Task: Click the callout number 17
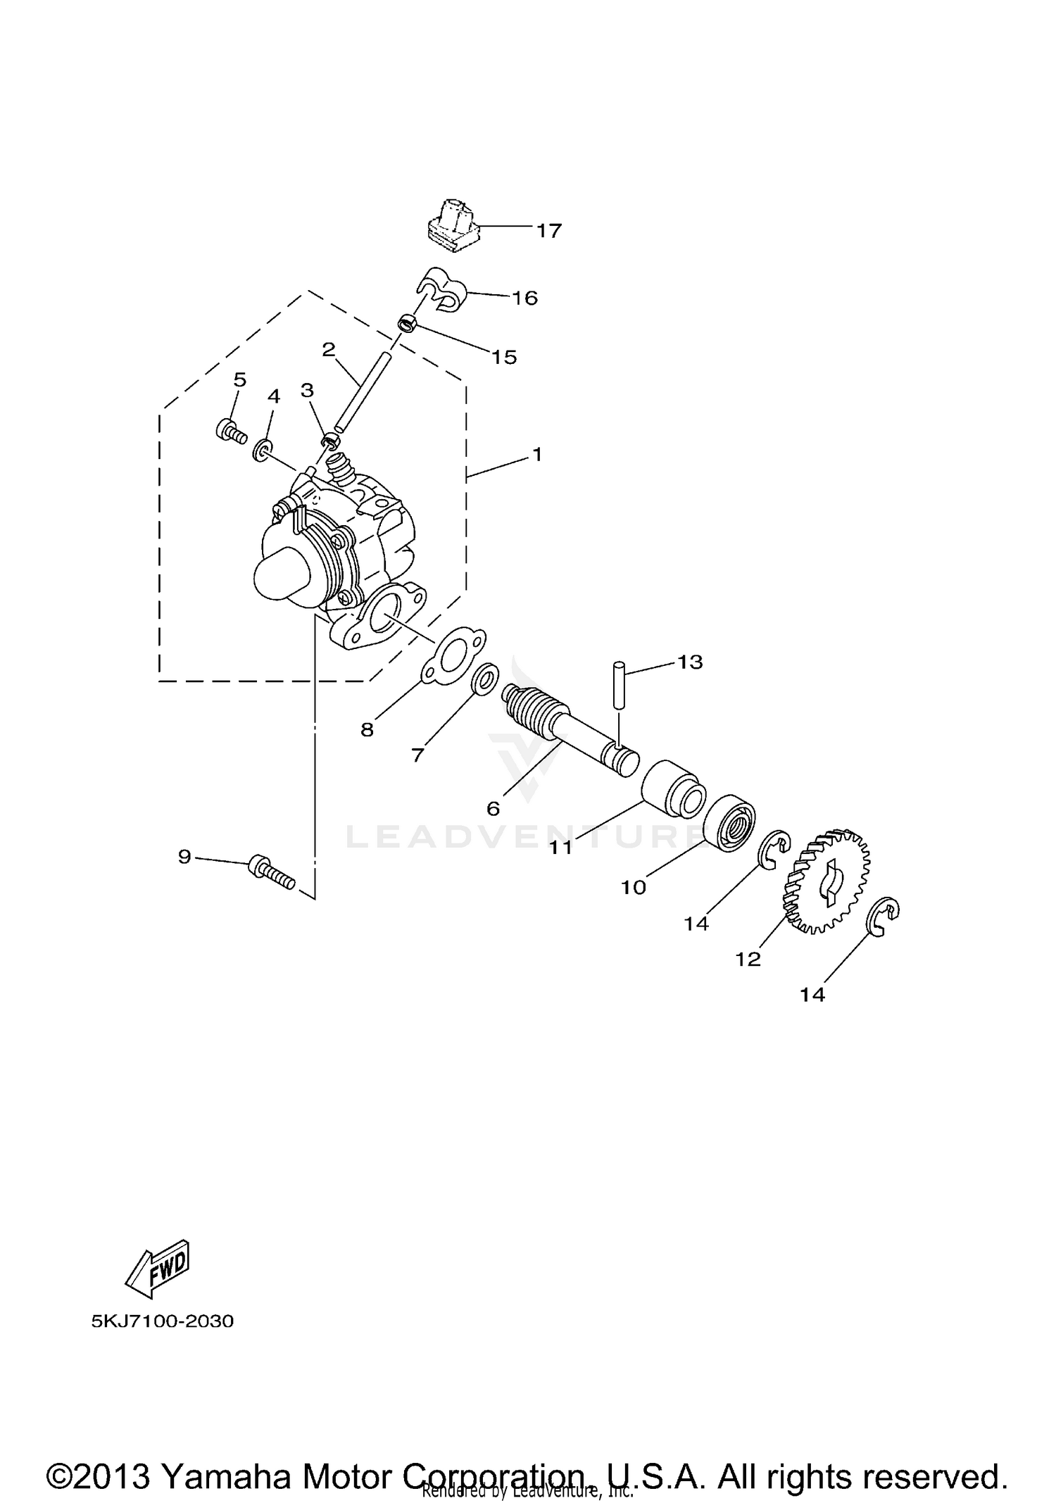click(549, 231)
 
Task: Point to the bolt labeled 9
click(271, 872)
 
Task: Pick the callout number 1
click(537, 455)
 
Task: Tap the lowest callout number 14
click(812, 995)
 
